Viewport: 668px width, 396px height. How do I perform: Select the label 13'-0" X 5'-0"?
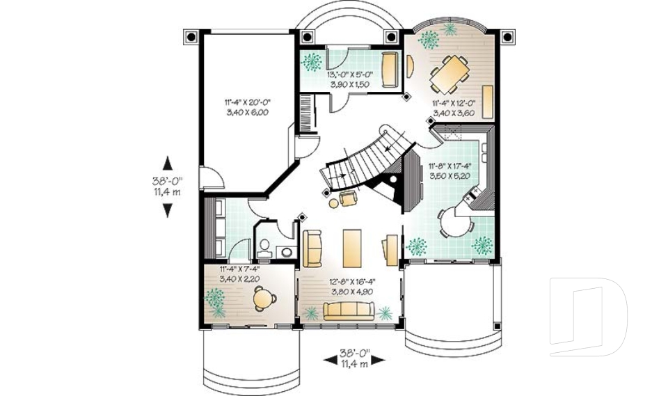(x=351, y=74)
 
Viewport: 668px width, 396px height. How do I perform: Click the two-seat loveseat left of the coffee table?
(x=312, y=248)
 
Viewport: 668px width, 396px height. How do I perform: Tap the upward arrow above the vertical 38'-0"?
(x=167, y=164)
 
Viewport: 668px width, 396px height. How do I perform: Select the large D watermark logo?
(x=588, y=317)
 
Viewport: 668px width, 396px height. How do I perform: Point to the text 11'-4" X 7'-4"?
(x=239, y=269)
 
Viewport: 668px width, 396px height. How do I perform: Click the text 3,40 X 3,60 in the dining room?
(x=453, y=113)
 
